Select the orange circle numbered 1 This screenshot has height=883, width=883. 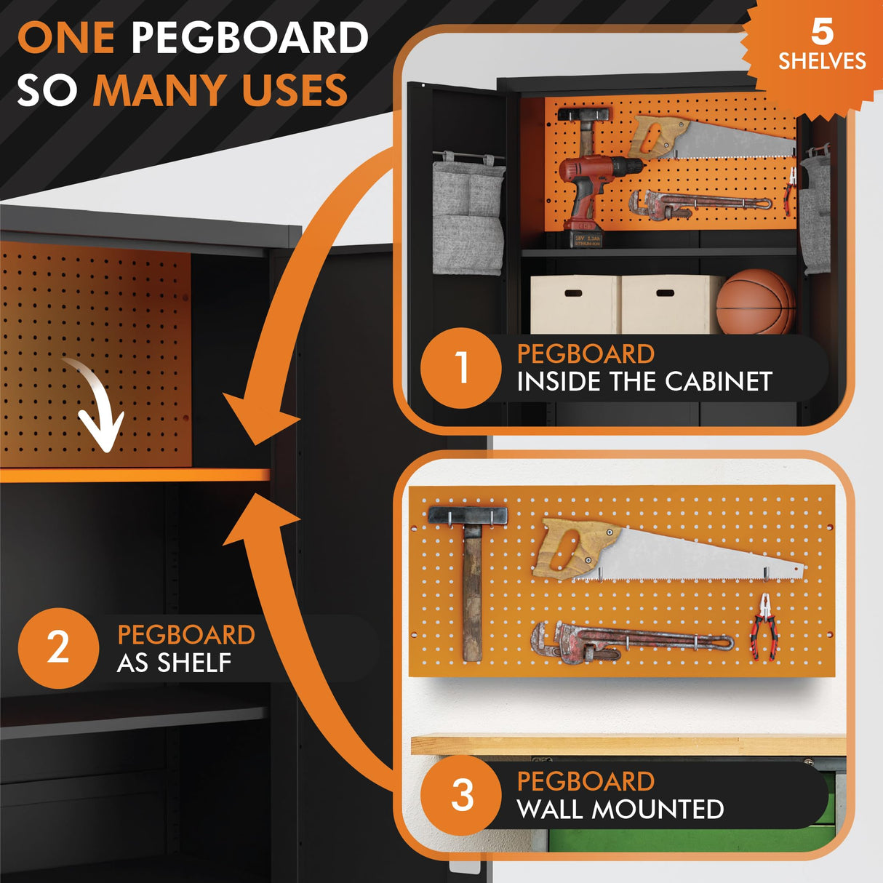(461, 367)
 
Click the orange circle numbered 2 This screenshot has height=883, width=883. (58, 647)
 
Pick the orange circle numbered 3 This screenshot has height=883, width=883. (461, 794)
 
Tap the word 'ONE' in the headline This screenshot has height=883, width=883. (65, 38)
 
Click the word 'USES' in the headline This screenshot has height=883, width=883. (295, 91)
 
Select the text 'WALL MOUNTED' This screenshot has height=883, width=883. (620, 809)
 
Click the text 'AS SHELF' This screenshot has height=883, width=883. (174, 663)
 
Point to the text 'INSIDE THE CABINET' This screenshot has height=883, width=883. (644, 381)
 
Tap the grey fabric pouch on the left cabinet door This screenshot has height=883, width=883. (468, 218)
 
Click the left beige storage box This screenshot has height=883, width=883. (575, 304)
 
